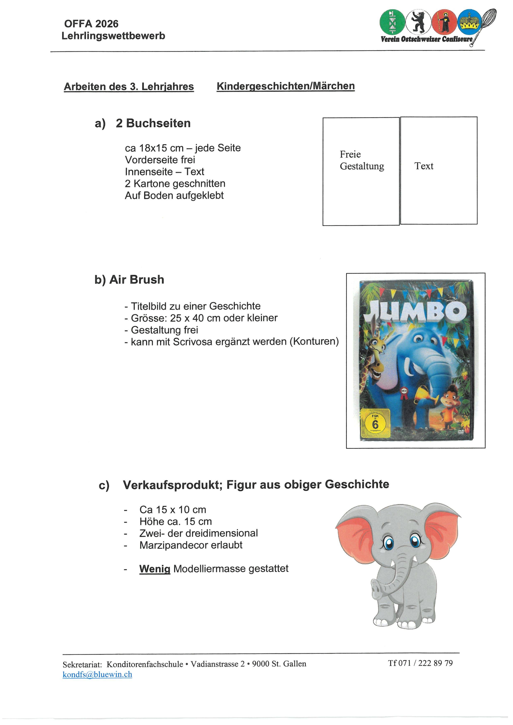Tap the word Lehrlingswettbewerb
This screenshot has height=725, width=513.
pos(113,36)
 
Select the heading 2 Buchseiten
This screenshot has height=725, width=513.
pos(153,123)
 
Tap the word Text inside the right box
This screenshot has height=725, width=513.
pos(424,166)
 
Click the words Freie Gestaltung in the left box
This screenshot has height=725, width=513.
pos(362,160)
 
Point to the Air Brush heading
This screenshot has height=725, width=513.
pos(137,280)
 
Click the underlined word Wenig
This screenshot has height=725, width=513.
pos(155,569)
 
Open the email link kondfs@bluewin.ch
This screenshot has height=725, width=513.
pos(97,675)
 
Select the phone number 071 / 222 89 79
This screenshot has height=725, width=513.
pos(425,663)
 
